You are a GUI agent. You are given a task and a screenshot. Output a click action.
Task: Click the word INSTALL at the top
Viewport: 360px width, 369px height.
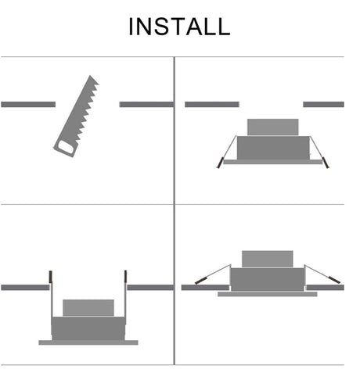pos(179,27)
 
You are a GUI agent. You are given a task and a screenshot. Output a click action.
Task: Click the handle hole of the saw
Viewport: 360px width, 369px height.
pos(66,147)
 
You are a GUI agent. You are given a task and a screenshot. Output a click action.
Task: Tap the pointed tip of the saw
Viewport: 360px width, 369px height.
pos(90,76)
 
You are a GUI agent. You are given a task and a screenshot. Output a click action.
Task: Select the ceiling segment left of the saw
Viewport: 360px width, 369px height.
pos(28,105)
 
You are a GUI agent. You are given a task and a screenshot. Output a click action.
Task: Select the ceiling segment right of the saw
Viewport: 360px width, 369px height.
pos(146,105)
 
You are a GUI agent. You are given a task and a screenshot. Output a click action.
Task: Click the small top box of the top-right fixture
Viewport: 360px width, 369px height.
pos(273,127)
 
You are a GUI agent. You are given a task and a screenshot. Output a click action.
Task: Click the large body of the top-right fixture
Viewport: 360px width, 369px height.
pos(273,148)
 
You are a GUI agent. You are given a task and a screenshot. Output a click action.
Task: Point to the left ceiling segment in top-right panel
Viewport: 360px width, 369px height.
pos(212,105)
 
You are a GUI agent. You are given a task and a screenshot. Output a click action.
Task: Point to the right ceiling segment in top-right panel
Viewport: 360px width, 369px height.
pos(323,105)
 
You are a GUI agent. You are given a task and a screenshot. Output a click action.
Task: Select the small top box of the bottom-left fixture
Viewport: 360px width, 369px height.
pos(88,308)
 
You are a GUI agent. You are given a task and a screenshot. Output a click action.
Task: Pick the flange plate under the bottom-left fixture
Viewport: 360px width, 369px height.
pos(88,342)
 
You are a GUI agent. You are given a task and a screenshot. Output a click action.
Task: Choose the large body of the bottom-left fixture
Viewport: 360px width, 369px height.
pos(88,328)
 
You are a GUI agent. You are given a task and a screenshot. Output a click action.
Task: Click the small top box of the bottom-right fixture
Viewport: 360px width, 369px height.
pos(268,259)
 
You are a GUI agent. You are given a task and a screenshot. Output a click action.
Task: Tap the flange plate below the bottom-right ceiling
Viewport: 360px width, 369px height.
pos(268,294)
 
